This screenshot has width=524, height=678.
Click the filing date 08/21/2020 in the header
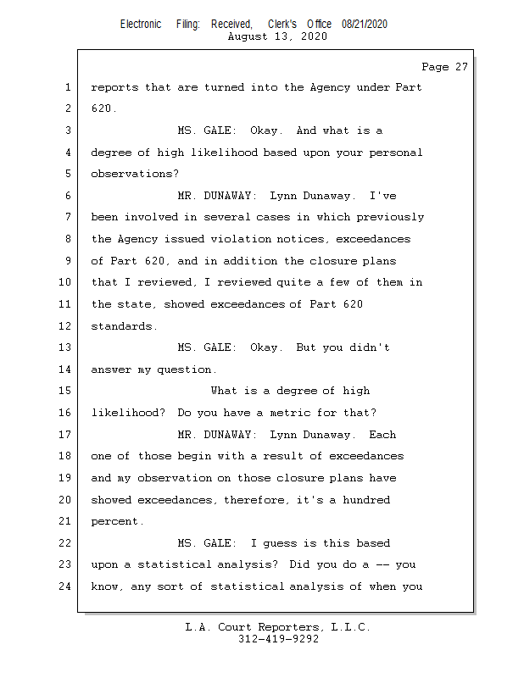(x=365, y=25)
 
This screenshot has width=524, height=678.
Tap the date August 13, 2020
(x=278, y=36)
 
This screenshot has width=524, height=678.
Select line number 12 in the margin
(x=66, y=326)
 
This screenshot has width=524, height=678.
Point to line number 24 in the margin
(x=66, y=586)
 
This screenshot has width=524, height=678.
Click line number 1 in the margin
(x=66, y=87)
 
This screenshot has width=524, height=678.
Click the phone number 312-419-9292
(x=278, y=639)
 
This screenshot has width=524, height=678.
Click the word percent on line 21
(x=114, y=521)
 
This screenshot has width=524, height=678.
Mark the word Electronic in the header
(x=141, y=25)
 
